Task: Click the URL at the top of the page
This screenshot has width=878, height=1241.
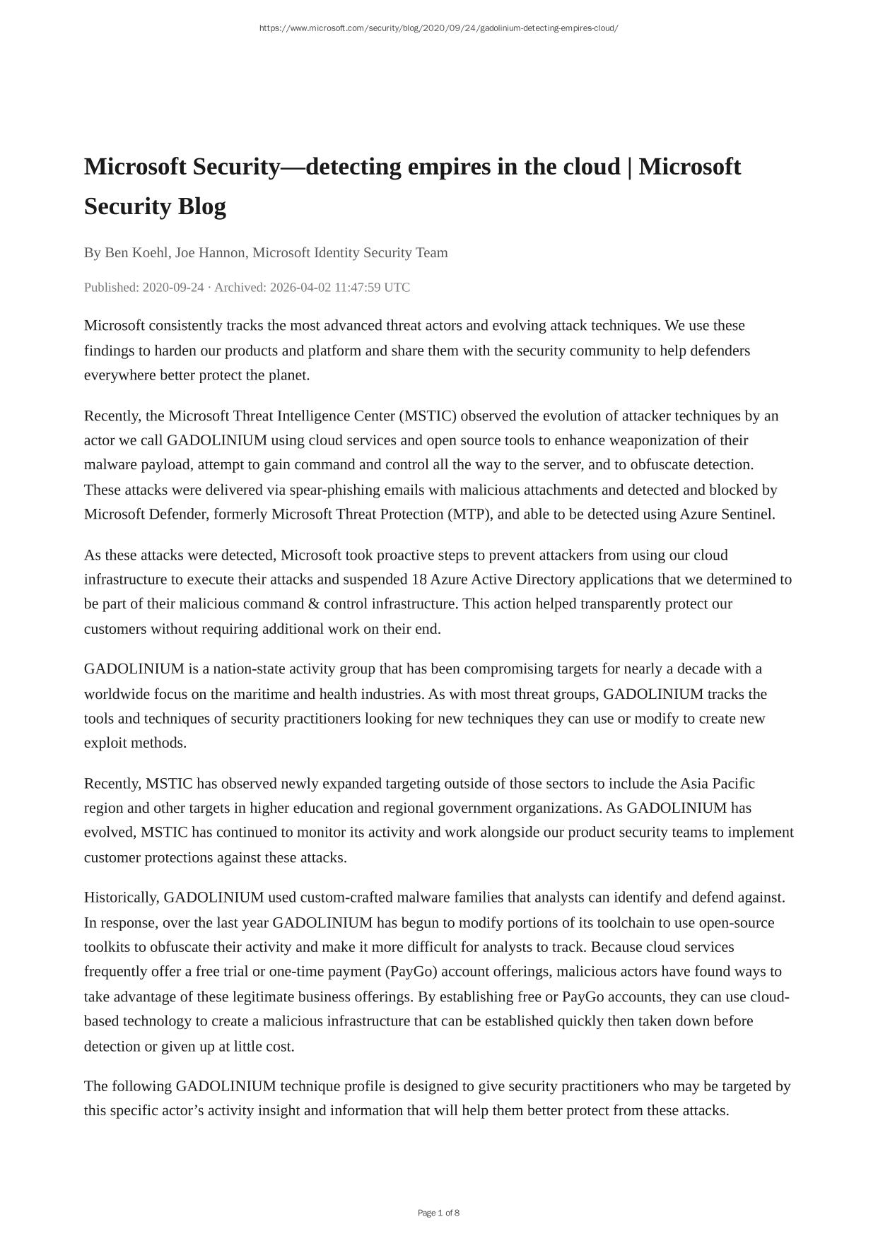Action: pyautogui.click(x=438, y=28)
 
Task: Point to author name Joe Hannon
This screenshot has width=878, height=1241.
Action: pyautogui.click(x=210, y=252)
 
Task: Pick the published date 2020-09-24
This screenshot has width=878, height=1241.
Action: pyautogui.click(x=173, y=287)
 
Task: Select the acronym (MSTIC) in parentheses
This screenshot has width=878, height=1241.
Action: pyautogui.click(x=428, y=416)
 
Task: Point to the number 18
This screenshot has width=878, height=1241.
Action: pyautogui.click(x=419, y=580)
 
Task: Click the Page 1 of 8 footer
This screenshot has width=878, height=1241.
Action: pyautogui.click(x=438, y=1213)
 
